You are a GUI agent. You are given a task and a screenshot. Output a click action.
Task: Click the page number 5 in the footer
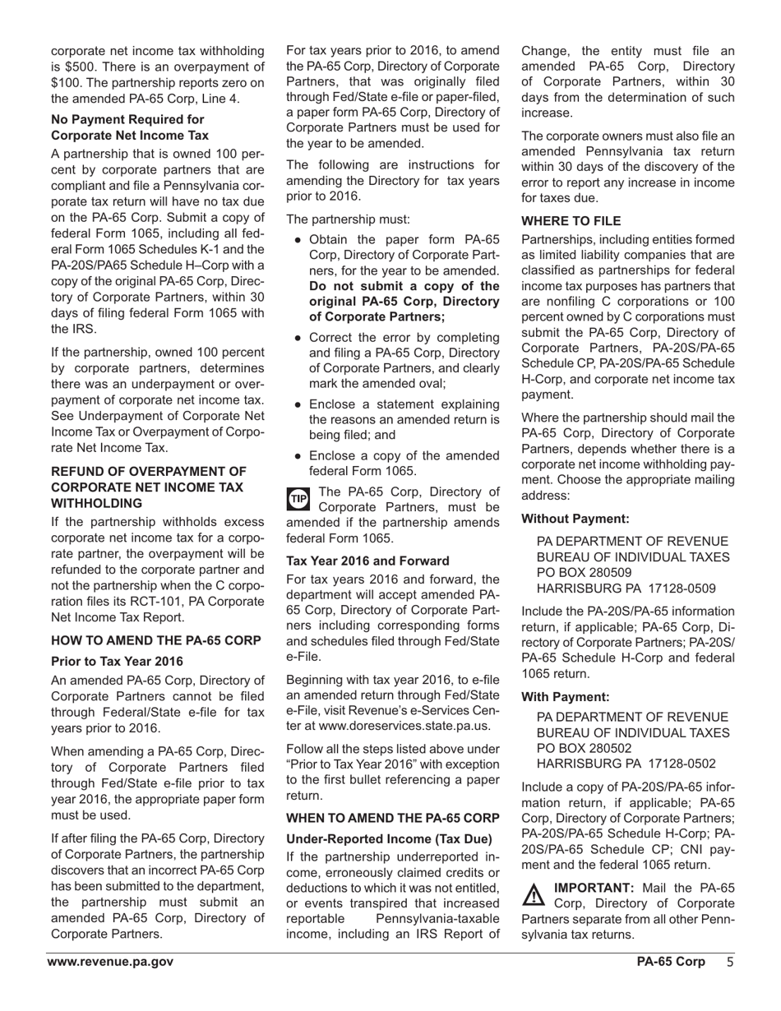click(x=729, y=962)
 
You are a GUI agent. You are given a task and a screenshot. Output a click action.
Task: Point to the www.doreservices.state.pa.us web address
click(x=398, y=727)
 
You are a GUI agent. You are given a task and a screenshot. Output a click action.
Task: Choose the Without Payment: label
click(x=575, y=519)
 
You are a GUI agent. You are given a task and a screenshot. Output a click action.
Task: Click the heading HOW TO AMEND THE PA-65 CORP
click(x=156, y=640)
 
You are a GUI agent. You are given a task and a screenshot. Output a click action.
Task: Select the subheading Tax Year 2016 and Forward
click(x=367, y=561)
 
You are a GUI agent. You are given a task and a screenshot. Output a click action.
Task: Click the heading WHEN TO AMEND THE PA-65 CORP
click(x=392, y=818)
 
